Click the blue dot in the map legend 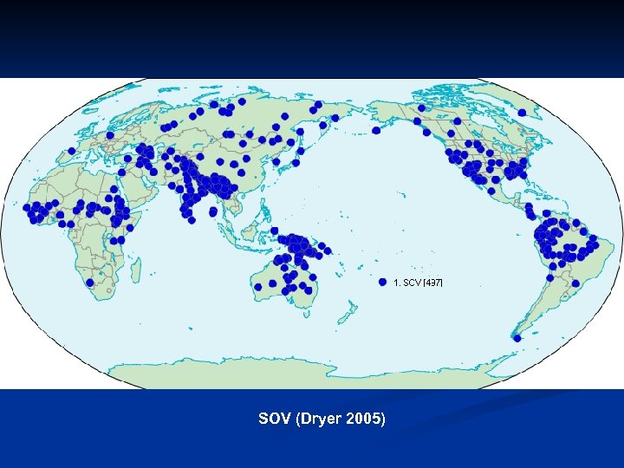(382, 283)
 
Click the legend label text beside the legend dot (418, 283)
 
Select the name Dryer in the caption (321, 419)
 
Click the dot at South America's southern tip (517, 339)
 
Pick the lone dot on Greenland (522, 113)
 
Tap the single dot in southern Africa (89, 282)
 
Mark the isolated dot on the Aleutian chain (376, 131)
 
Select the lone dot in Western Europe (110, 136)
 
